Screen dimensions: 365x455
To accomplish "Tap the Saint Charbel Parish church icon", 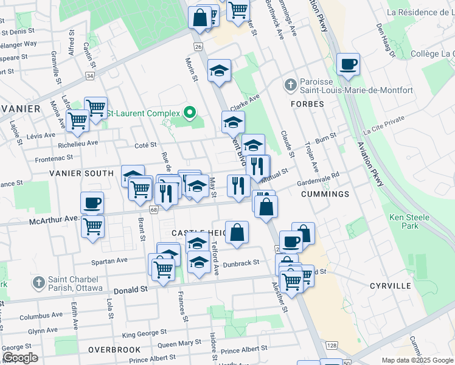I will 38,282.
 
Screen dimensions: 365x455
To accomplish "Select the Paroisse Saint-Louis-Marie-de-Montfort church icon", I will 291,83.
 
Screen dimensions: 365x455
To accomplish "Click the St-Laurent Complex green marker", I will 190,113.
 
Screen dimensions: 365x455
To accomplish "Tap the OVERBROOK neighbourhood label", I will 114,350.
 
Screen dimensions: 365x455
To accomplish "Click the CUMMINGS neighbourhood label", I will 325,194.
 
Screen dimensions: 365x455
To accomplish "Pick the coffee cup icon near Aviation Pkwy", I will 348,64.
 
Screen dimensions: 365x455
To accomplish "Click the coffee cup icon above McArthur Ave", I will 92,203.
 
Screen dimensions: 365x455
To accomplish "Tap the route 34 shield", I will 90,76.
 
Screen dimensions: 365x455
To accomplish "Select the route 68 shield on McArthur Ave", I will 154,210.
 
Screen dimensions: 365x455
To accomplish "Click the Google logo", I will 20,358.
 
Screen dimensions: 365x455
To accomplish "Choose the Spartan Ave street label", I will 109,260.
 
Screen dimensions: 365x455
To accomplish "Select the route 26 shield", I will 198,46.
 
